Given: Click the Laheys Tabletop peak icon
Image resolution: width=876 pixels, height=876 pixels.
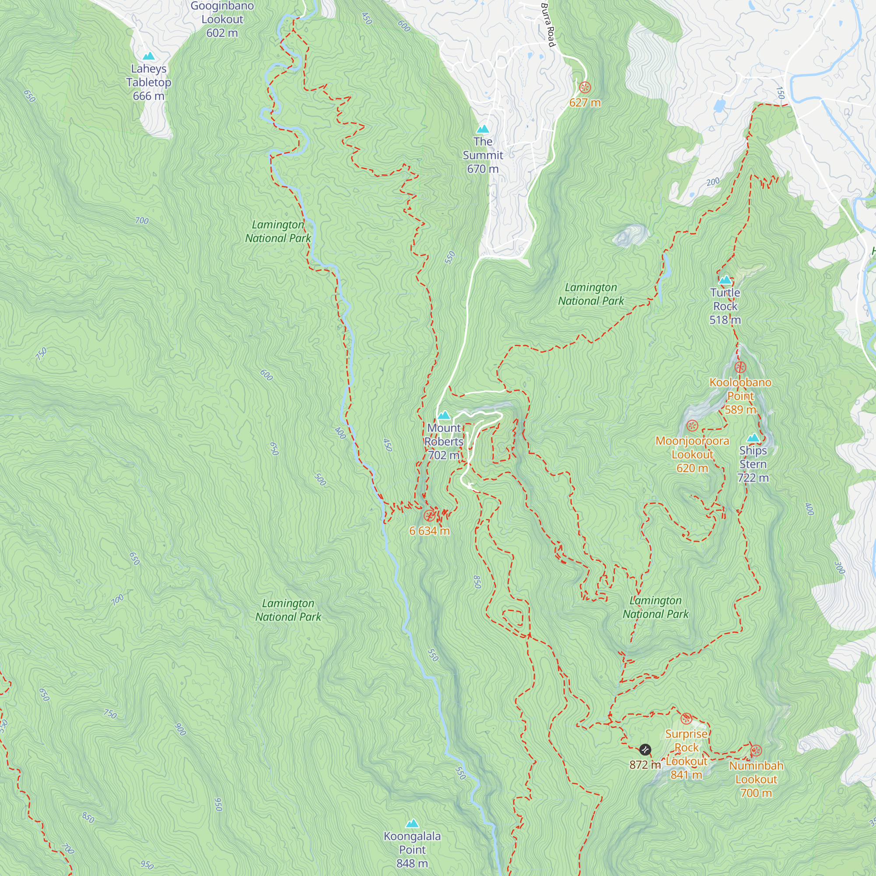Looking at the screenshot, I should [149, 56].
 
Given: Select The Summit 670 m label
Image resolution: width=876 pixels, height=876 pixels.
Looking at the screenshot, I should [483, 155].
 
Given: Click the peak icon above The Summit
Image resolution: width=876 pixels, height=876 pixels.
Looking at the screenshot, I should [483, 129].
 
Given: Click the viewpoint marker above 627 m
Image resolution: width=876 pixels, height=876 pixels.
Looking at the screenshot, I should [585, 87].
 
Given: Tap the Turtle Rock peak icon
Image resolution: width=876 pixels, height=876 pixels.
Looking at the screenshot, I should [725, 280].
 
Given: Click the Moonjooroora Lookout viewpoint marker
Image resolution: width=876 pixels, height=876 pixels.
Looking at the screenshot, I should [692, 425].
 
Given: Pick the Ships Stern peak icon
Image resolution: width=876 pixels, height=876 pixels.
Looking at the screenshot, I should [753, 438].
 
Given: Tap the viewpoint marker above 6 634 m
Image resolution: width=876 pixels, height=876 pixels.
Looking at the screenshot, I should [429, 516].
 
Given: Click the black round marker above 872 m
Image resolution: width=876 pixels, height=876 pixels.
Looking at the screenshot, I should [645, 749].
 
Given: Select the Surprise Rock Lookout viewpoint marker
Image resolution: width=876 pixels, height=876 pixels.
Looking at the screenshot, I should [686, 718].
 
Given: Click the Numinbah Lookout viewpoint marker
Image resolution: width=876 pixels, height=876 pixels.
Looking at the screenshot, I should [756, 750].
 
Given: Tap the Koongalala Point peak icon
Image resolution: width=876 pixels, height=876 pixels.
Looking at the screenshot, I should [412, 823].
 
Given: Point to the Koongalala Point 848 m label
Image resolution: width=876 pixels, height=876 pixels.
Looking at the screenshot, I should [412, 849].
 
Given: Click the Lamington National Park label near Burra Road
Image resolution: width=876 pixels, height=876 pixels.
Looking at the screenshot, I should [590, 294].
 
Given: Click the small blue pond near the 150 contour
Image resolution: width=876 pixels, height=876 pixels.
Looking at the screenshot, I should [719, 106].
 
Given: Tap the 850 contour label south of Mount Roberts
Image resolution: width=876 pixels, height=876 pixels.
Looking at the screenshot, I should [477, 582].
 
